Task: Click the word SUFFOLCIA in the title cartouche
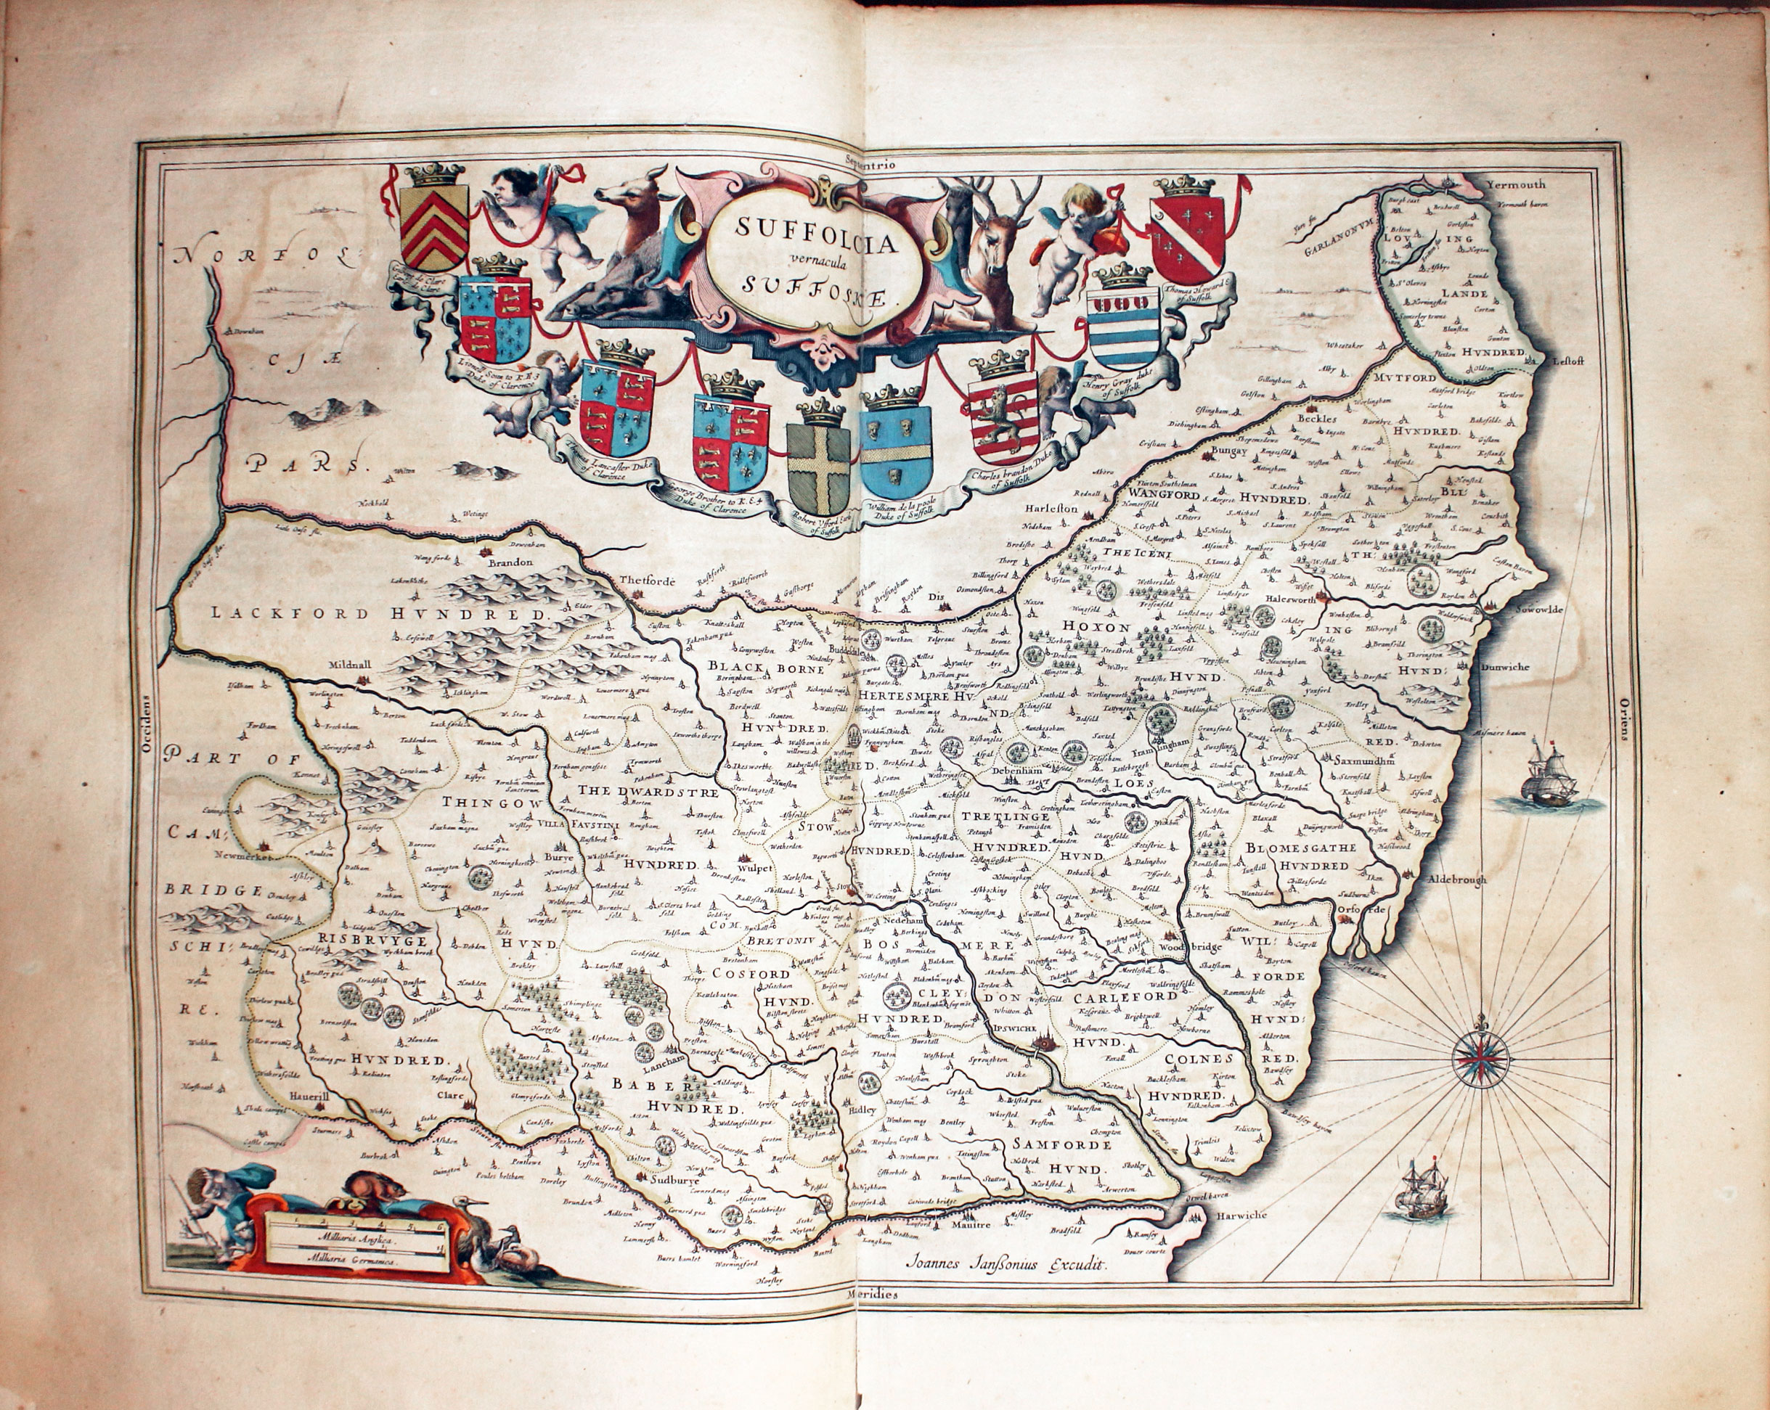pyautogui.click(x=805, y=226)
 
